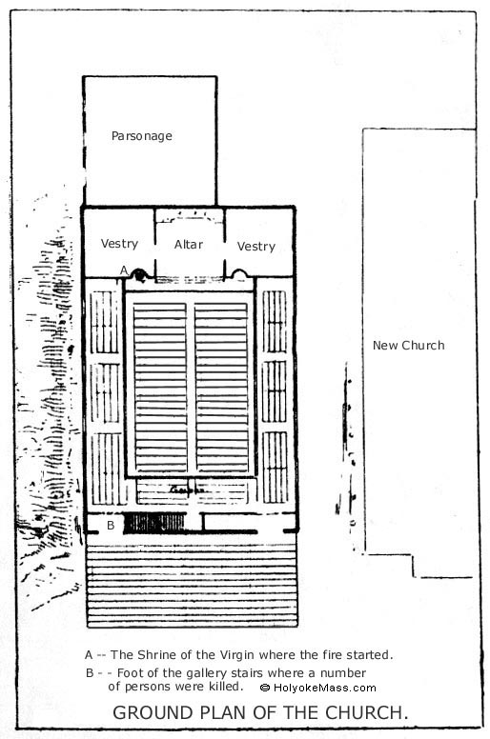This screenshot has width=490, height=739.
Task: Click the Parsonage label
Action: pos(141,136)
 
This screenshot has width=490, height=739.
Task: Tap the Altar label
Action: pos(188,244)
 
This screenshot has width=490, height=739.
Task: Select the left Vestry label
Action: pos(119,244)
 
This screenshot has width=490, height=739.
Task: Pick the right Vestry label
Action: pos(256,247)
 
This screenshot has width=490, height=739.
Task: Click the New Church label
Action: pos(408,346)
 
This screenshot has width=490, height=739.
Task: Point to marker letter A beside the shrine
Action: pos(124,270)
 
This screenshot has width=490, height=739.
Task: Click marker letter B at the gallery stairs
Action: pos(111,525)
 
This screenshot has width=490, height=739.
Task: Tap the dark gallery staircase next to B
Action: pos(154,523)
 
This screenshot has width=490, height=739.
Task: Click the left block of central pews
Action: pos(160,388)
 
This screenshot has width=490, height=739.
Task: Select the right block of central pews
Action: pos(221,388)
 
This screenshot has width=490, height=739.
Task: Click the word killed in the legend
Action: pos(226,687)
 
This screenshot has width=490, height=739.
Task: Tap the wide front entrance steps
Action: pos(192,581)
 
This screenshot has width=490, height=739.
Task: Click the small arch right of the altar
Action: pos(238,274)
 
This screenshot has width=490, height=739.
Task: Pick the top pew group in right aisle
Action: pos(275,322)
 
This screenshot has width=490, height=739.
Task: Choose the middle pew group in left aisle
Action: pos(105,392)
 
